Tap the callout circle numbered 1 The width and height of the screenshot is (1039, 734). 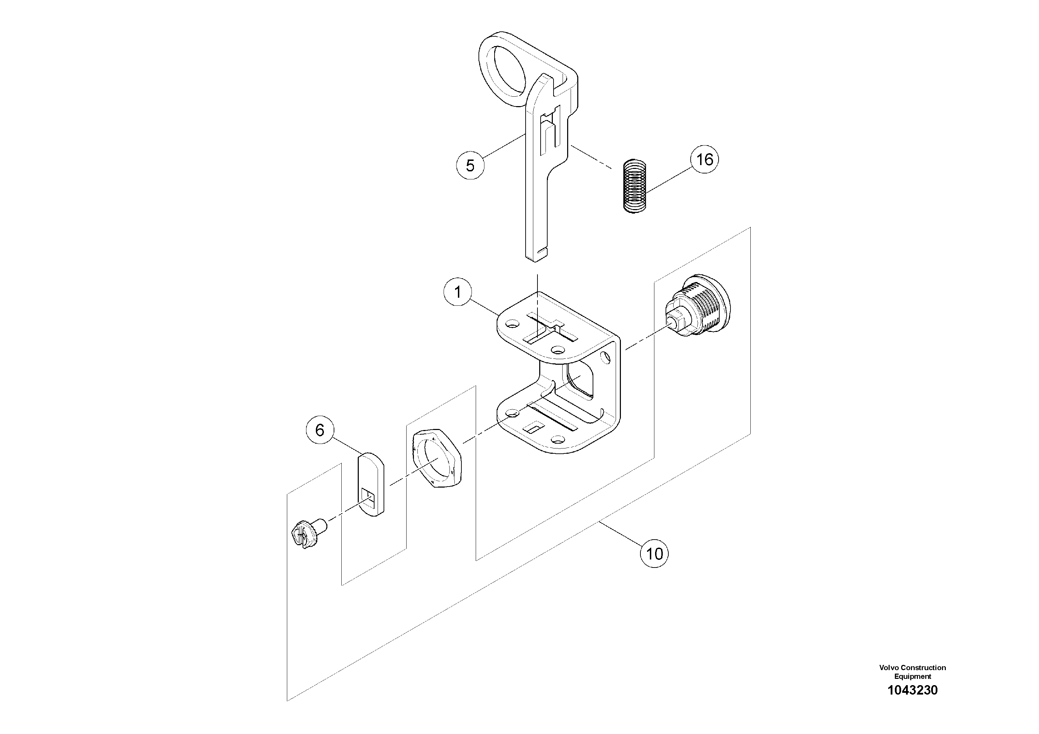[458, 292]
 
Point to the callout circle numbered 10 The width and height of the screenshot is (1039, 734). [654, 554]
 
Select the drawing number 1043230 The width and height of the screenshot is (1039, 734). [912, 703]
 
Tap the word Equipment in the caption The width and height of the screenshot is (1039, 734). [912, 689]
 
